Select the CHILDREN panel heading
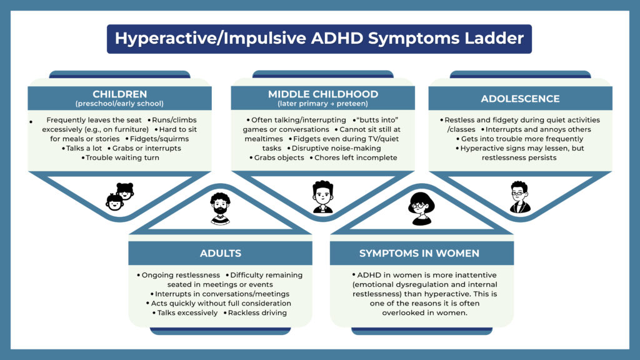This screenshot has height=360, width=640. pos(119,94)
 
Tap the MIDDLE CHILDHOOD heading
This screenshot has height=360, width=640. pos(323,94)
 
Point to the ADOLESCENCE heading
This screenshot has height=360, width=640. pos(520,99)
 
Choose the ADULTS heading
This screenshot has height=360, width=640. pos(221,253)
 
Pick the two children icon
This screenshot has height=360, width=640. pos(120,196)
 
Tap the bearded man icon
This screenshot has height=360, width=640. pos(220,208)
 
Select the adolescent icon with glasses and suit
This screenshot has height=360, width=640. pos(519,197)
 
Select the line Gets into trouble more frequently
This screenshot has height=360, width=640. pos(520,139)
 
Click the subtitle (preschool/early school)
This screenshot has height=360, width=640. pos(119,104)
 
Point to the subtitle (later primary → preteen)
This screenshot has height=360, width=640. pos(323,104)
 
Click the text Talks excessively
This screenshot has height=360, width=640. pos(186,312)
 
